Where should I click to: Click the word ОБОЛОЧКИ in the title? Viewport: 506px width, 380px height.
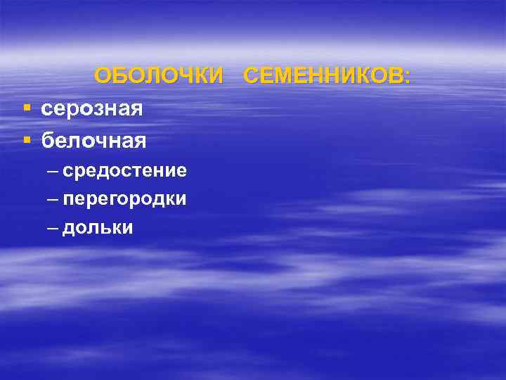click(x=157, y=75)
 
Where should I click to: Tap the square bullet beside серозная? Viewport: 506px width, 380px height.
click(x=26, y=108)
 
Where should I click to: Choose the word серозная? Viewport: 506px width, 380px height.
click(x=92, y=109)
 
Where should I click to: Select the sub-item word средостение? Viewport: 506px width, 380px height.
click(x=124, y=170)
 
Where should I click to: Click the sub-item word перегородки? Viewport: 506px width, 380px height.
click(x=124, y=199)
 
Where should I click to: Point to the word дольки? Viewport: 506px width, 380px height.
click(x=98, y=228)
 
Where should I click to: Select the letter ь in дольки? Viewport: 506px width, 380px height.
click(x=104, y=228)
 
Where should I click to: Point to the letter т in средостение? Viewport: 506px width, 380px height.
click(x=137, y=171)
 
